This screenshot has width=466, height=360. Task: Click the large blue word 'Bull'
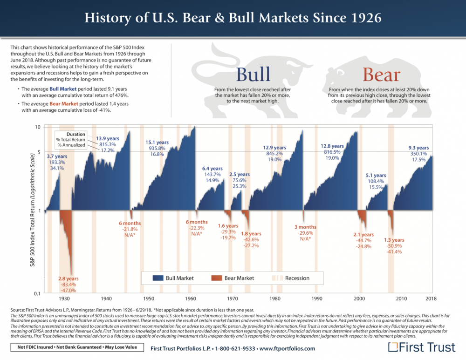coord(253,75)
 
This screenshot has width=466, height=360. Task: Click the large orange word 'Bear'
coord(381,75)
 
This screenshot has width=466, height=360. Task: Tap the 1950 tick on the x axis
coord(149,298)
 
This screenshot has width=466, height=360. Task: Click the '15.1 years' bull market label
coord(156,142)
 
